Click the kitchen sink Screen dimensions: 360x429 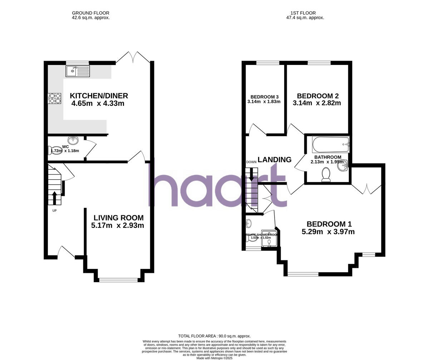coord(78,71)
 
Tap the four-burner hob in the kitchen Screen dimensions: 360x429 coord(55,98)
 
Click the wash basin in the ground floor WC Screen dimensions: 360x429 coord(73,140)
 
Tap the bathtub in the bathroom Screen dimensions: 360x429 coord(330,144)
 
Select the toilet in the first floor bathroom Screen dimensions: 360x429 coord(326,175)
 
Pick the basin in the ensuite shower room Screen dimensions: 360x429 coord(248,224)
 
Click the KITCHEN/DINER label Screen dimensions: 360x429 coord(99,96)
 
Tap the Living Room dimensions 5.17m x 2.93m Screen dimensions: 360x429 coord(118,225)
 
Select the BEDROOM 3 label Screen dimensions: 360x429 coord(265,97)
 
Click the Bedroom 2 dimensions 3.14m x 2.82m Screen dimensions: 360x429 coord(317,103)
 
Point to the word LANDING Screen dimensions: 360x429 coord(275,160)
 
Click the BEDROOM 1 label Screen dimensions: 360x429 coord(329,224)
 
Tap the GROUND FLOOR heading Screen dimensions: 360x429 coord(90,13)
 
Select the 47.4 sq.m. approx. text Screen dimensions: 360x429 coord(305,17)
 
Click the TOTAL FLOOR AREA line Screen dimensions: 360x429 coord(214,336)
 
